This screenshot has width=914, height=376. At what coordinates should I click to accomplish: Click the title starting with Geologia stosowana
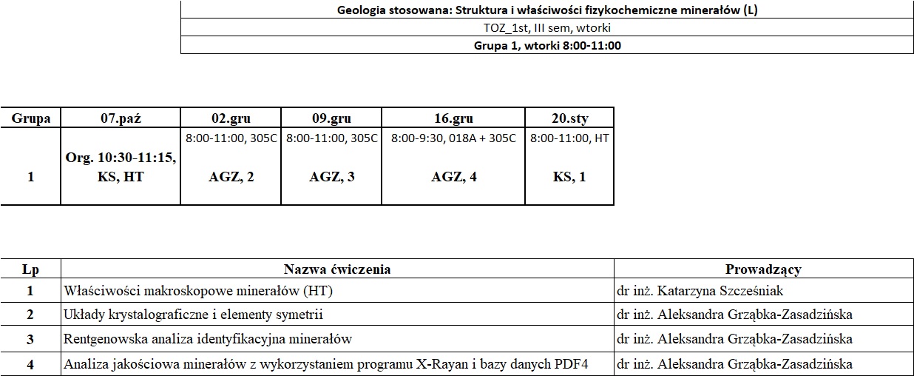click(x=547, y=10)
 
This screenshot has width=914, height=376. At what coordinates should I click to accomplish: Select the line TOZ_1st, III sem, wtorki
click(x=547, y=28)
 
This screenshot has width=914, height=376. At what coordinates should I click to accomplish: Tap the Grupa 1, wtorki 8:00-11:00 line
click(x=547, y=45)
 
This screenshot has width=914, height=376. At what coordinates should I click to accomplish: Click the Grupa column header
click(x=31, y=118)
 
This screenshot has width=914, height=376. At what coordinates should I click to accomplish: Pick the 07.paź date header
click(x=121, y=118)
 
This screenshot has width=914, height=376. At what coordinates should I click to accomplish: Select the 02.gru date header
click(x=231, y=118)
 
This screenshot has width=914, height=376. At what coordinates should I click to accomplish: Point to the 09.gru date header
click(x=331, y=118)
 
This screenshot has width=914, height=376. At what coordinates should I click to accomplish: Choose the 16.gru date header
click(x=453, y=118)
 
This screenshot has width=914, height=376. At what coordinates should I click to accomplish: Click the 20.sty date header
click(x=569, y=118)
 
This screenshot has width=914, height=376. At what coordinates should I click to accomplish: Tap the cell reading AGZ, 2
click(x=231, y=177)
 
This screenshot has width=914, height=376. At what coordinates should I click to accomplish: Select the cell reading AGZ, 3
click(x=331, y=177)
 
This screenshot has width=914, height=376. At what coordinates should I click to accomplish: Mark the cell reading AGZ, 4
click(x=453, y=177)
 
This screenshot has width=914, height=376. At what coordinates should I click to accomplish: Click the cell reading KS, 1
click(x=569, y=177)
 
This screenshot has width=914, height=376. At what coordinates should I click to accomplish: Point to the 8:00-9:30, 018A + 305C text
click(x=453, y=138)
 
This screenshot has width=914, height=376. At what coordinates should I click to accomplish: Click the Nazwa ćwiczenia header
click(x=337, y=269)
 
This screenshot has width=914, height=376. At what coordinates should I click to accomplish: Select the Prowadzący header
click(x=763, y=269)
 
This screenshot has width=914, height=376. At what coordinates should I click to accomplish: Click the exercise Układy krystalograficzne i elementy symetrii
click(x=194, y=315)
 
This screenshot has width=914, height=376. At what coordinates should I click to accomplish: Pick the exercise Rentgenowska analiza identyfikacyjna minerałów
click(x=208, y=339)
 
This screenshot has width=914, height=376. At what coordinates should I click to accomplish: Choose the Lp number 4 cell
click(x=31, y=364)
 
